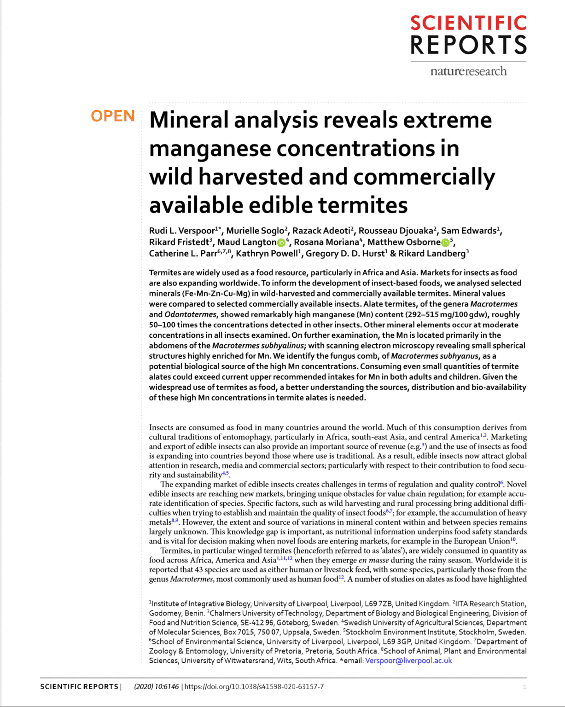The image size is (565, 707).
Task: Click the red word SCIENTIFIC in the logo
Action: point(468,23)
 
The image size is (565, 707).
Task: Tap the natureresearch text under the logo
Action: point(468,71)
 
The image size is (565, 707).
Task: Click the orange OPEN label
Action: point(113,116)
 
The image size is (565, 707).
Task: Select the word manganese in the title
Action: point(209,149)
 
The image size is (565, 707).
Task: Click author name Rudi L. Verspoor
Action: point(182,231)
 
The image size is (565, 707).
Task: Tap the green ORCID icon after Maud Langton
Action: point(281,243)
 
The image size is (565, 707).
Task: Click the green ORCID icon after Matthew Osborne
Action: point(445,243)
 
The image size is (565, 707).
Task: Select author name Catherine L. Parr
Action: point(182,254)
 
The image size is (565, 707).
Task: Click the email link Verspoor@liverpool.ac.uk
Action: point(408,661)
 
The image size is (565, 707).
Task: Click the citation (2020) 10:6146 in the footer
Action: point(156,687)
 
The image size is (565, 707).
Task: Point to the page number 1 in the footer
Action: point(524,687)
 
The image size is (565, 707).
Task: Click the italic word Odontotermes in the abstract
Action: point(190,314)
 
